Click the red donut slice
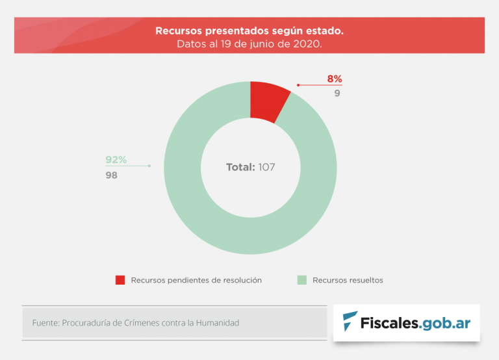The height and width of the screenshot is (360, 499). coord(268,101)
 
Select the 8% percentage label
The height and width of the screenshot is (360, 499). coord(334,79)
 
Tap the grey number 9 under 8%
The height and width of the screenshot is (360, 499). coord(337,93)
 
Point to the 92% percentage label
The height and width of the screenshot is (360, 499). coord(116,160)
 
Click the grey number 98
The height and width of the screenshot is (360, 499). coord(112,175)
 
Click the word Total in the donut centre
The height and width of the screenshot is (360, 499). coord(240,167)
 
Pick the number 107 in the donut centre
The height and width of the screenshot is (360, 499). coord(266,167)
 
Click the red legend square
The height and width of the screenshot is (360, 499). coord(120,280)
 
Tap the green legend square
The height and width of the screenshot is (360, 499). coord(301,280)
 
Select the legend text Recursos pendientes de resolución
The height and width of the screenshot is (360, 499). coord(196,280)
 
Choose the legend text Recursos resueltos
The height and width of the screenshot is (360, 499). coord(348,280)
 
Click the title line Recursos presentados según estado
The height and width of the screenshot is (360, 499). coord(249,31)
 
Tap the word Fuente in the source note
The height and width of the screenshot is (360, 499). coord(45,322)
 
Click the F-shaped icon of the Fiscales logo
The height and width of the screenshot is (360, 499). coord(350,322)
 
